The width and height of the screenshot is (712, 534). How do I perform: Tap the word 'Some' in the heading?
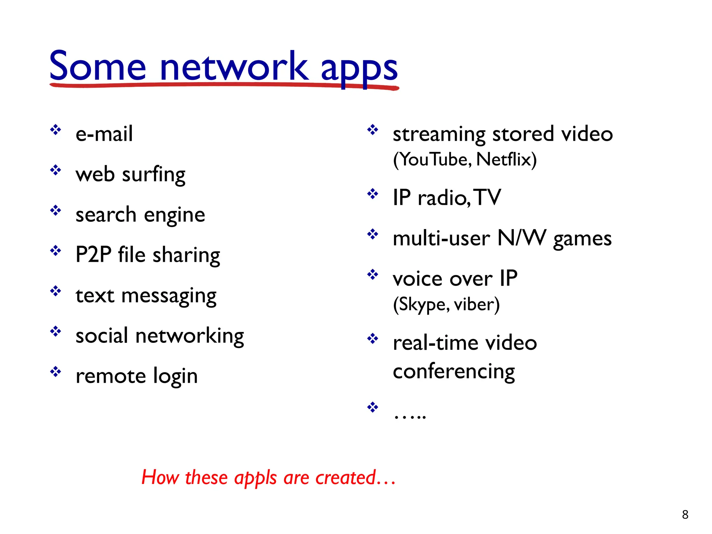point(98,66)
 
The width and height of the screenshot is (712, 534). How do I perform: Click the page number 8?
point(685,514)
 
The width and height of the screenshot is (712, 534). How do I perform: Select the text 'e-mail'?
point(104,133)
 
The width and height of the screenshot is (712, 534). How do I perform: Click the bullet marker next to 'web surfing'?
point(56,170)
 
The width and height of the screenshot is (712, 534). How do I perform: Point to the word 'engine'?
point(174,215)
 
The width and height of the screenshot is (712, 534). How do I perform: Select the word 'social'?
point(102,336)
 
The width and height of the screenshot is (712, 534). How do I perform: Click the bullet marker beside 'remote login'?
point(56,372)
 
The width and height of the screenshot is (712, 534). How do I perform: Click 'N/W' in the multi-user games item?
point(521,238)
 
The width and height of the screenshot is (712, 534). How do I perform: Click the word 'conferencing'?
point(454,372)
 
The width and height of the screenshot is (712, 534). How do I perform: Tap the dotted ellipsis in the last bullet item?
point(410,416)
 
